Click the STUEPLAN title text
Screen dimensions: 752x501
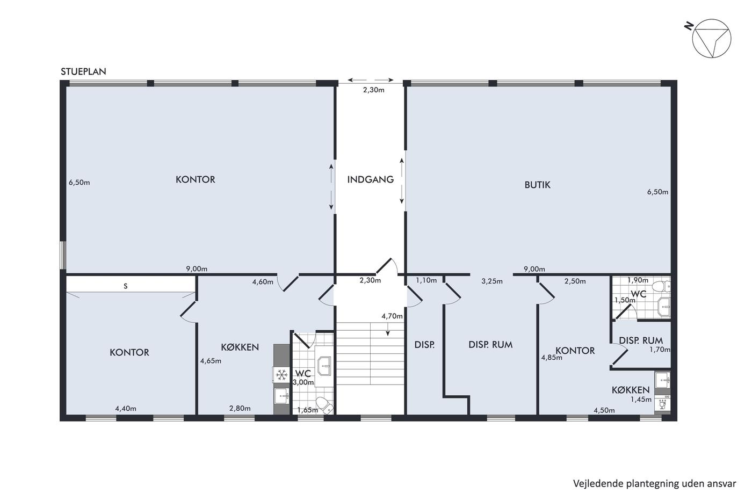[x=83, y=71]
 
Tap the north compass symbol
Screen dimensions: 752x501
[x=711, y=38]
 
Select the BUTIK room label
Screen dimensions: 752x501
[x=537, y=185]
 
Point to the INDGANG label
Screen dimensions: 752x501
[x=370, y=179]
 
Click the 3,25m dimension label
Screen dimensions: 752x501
[x=492, y=281]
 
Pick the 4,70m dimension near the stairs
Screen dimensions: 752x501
[x=392, y=316]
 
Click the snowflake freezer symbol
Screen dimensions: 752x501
[x=281, y=374]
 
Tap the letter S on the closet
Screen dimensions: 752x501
[x=126, y=286]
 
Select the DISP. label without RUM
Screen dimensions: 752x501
[x=424, y=345]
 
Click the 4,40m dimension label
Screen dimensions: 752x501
[x=126, y=409]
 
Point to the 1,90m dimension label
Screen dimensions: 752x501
[x=638, y=280]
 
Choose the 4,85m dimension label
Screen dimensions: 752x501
[x=552, y=358]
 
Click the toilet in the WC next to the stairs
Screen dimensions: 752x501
[x=324, y=405]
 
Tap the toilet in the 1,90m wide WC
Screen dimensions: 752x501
[x=661, y=286]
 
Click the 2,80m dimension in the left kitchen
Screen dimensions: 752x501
[x=240, y=409]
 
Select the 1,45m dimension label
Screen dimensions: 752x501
[x=641, y=400]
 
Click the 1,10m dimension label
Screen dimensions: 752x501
[x=426, y=280]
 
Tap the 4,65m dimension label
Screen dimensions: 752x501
[x=211, y=361]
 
